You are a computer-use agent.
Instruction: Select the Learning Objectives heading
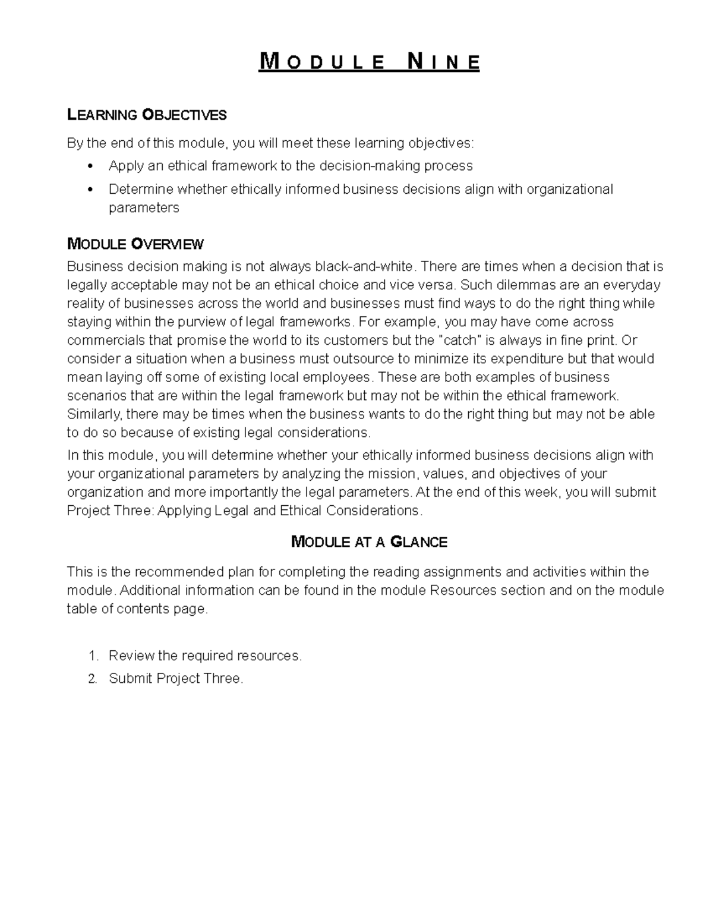coord(147,115)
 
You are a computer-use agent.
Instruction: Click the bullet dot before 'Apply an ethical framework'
coord(90,166)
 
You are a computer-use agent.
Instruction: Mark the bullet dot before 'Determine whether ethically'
coord(90,190)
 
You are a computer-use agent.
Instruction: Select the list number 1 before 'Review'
coord(92,656)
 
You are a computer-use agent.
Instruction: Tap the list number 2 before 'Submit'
coord(92,679)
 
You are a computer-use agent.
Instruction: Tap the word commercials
coord(105,341)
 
